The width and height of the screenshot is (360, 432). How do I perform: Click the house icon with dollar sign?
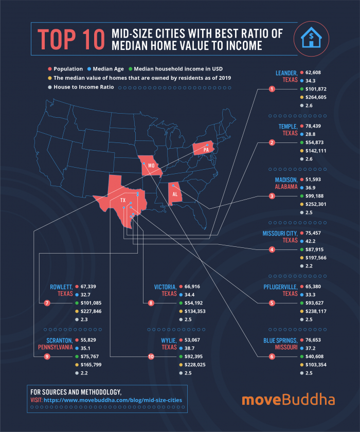(312, 39)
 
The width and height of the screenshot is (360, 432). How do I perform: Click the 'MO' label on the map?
(151, 166)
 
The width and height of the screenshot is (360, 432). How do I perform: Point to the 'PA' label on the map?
(206, 150)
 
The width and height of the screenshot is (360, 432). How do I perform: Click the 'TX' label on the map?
(122, 200)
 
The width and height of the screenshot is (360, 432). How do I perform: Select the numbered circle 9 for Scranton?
(47, 356)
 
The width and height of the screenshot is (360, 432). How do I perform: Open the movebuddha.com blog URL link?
(113, 400)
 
